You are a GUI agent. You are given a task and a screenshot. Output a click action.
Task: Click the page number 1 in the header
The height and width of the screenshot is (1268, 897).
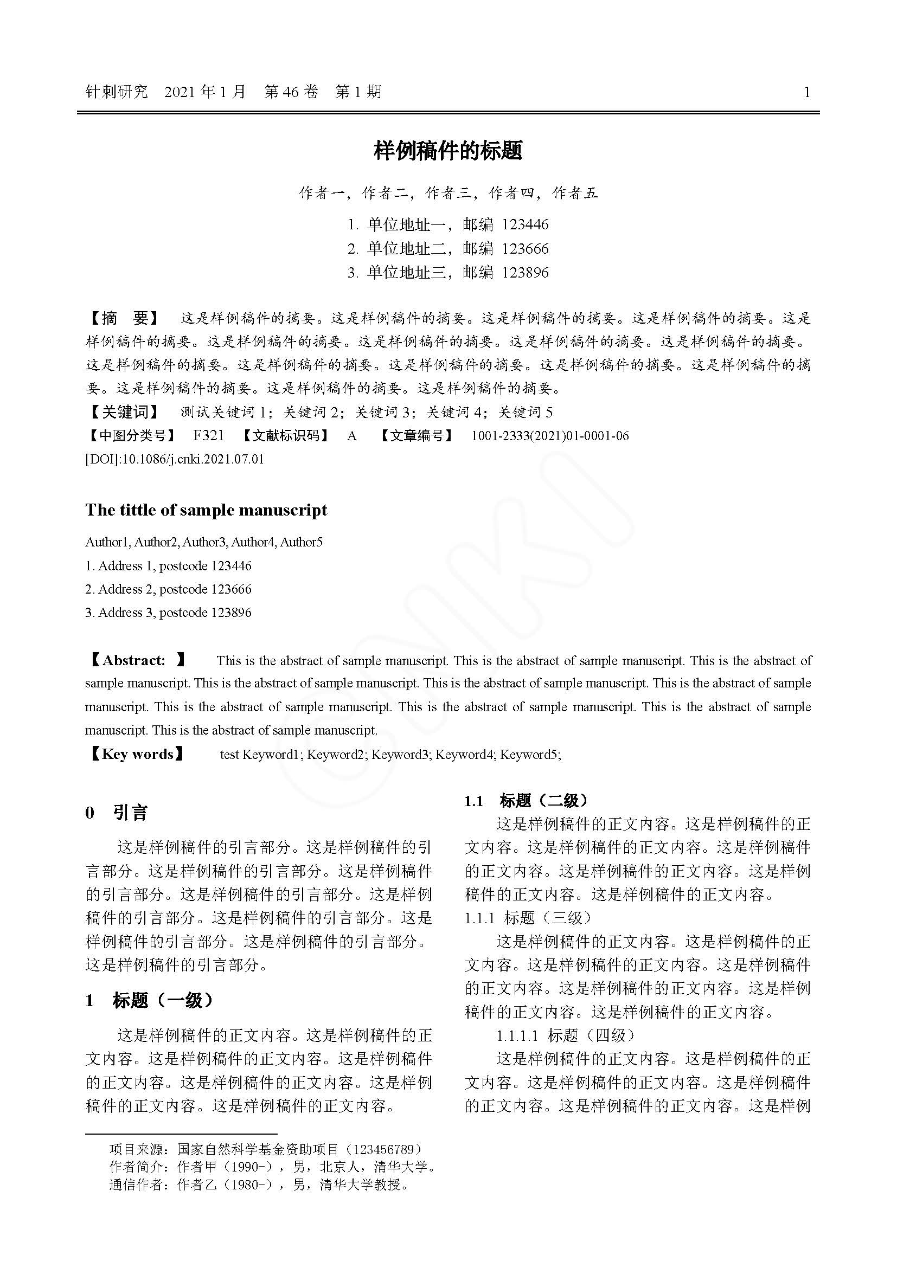807,92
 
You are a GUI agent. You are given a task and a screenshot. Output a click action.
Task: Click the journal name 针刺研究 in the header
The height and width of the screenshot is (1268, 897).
117,92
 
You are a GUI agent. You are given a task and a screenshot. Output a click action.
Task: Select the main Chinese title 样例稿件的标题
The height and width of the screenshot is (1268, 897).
448,151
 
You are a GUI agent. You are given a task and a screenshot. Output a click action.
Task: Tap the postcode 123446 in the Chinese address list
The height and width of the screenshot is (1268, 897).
525,225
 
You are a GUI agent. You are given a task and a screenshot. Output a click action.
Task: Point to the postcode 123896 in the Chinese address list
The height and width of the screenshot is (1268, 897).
525,273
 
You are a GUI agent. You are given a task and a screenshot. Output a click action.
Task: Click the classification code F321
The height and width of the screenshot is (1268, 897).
208,436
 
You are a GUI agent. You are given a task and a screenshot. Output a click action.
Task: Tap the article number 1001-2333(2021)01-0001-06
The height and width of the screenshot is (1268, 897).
549,436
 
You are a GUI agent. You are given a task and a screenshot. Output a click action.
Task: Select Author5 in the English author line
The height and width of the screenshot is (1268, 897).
301,542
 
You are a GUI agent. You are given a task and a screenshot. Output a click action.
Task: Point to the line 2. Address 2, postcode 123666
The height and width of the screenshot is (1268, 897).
168,589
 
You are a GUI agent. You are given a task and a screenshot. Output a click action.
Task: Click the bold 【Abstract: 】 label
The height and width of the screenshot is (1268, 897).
136,660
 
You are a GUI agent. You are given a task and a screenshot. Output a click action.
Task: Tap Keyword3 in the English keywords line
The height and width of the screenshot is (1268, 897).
401,755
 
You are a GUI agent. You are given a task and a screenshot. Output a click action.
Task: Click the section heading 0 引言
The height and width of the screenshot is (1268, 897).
117,813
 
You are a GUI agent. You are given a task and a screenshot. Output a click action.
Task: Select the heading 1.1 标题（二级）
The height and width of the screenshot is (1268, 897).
526,800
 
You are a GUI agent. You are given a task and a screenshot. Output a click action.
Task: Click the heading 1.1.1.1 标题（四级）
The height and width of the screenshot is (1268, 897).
565,1035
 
